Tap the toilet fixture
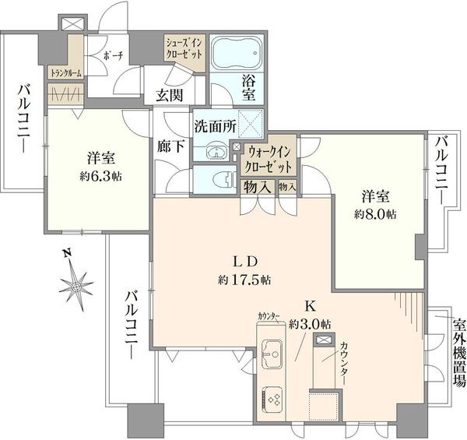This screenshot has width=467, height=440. pos(224,180)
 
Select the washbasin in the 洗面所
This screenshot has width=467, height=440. pos(216,152)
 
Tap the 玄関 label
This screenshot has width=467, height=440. pos(170,96)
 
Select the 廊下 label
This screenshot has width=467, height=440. pos(171,146)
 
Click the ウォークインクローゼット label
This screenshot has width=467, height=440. pos(269,160)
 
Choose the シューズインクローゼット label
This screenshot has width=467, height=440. pos(184,48)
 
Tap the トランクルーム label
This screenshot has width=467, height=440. pos(66,73)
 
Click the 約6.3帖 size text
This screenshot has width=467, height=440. pos(100,177)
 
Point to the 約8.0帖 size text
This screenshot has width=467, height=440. pos(375,214)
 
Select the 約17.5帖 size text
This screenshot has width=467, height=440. pos(244,280)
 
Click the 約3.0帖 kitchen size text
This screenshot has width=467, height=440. pos(310,324)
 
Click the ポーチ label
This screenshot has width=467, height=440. pos(114,55)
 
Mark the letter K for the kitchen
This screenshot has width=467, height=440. pos(310,305)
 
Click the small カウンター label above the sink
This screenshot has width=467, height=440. pos(269,315)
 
